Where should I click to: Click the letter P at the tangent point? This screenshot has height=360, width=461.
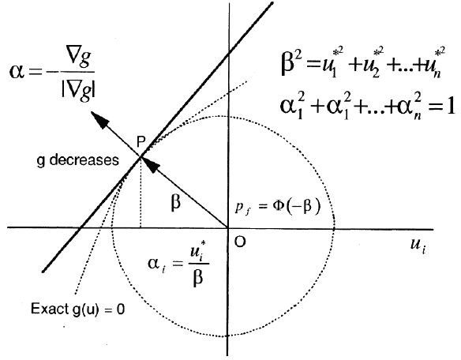tap(141, 142)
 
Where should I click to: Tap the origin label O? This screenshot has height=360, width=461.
tap(240, 242)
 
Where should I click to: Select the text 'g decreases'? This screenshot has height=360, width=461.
tap(78, 160)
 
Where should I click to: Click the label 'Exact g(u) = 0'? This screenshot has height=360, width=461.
tap(78, 309)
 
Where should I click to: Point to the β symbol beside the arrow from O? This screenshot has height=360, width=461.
tap(175, 202)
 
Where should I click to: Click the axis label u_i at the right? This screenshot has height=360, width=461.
tap(418, 246)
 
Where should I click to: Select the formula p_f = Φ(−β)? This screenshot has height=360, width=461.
tap(277, 207)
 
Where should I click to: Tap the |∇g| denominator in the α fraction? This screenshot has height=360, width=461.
tap(79, 88)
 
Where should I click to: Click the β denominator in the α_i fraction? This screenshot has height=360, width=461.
tap(198, 277)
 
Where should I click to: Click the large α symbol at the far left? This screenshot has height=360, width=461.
tap(17, 72)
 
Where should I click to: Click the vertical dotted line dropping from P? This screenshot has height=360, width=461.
tap(141, 192)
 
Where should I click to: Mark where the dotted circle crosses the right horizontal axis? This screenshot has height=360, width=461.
tap(334, 227)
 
